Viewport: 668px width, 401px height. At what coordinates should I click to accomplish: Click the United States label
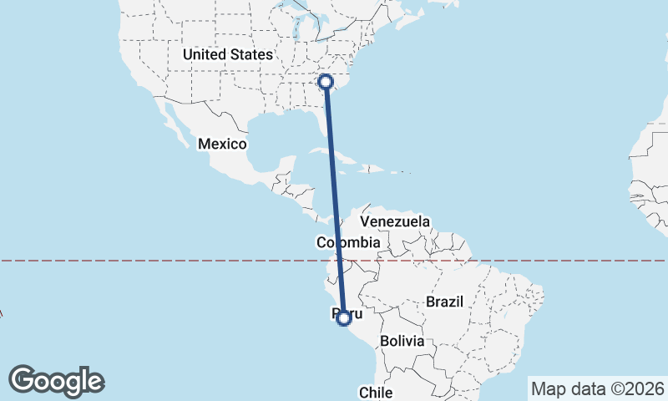coord(228,54)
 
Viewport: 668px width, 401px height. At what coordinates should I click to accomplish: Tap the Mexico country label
coord(222,145)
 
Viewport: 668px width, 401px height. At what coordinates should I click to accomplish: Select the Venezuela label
coord(395,222)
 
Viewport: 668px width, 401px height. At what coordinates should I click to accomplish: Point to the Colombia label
coord(348,243)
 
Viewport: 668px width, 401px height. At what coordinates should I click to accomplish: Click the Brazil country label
coord(444,302)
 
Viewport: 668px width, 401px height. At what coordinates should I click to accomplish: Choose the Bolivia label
coord(402,342)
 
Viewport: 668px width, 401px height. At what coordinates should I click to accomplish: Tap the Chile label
coord(375,392)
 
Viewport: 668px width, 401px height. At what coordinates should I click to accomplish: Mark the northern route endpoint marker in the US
coord(326,81)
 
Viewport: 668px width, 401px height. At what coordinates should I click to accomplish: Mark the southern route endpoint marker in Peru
coord(343,317)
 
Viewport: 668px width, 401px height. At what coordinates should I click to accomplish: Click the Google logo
coord(57,381)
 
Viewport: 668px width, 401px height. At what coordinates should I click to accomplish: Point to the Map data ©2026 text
coord(598,388)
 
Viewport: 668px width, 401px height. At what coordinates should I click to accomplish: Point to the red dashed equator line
coord(167,261)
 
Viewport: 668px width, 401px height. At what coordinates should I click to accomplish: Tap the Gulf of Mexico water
coord(276,138)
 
